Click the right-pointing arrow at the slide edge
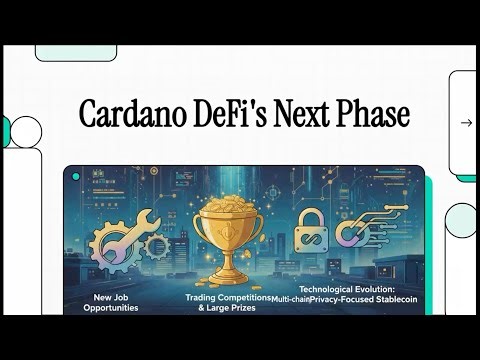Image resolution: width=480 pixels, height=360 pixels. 466,123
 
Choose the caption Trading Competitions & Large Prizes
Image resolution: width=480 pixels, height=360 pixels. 227,303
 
